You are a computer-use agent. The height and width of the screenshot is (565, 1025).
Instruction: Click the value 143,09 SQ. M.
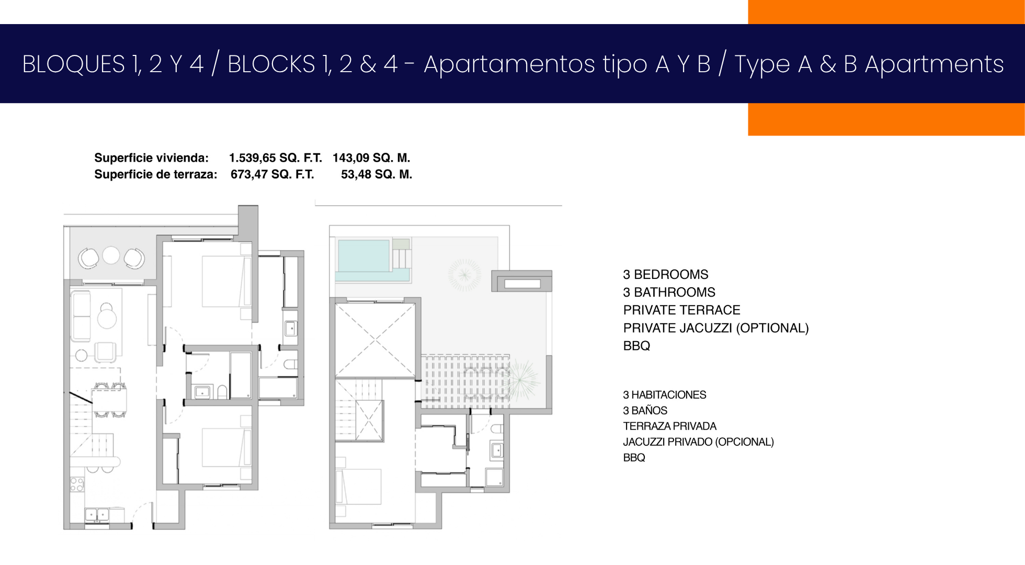(x=371, y=158)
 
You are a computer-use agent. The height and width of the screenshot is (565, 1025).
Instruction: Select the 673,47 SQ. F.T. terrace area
(x=272, y=175)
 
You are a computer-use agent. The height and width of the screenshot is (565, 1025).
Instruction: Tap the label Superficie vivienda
(x=151, y=158)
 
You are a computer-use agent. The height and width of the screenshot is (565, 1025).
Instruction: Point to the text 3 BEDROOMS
(x=666, y=275)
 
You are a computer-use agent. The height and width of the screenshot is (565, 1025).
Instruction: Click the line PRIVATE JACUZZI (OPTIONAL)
(x=716, y=328)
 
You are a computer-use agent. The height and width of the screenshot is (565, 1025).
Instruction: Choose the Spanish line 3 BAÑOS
(x=645, y=411)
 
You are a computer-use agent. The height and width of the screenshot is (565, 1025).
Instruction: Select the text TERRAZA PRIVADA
(x=669, y=426)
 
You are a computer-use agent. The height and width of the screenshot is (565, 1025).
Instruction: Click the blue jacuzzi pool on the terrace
(x=364, y=256)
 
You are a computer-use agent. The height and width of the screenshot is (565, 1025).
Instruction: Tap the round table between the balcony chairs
(x=111, y=255)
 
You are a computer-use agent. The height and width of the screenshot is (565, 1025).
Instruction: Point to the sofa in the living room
(x=81, y=317)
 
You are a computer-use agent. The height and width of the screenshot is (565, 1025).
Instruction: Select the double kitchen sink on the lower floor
(x=97, y=515)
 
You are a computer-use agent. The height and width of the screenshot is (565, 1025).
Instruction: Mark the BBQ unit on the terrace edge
(x=522, y=281)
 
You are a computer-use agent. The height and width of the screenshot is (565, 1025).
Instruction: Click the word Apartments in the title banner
(x=934, y=64)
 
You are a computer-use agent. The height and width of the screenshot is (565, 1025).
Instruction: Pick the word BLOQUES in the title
(x=73, y=64)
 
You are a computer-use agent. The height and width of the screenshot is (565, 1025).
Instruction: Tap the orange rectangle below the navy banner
(x=886, y=119)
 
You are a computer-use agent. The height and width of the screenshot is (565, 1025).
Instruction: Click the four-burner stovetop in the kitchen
(x=77, y=484)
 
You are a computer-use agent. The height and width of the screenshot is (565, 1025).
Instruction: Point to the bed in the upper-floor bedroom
(x=359, y=487)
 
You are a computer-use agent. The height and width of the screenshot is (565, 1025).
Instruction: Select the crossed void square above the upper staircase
(x=375, y=341)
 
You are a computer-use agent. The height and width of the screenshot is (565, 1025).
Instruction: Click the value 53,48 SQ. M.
(x=377, y=175)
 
